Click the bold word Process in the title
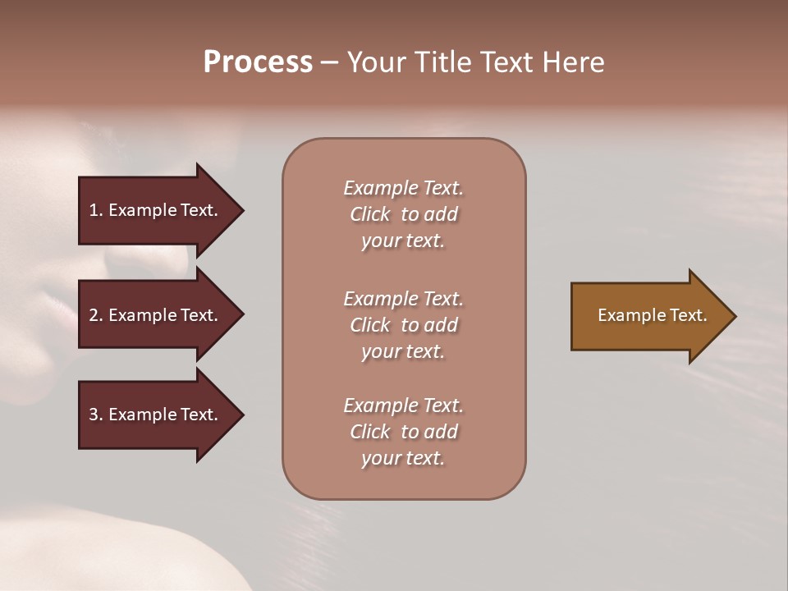click(258, 62)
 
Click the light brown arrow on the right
click(648, 316)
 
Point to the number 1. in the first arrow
click(96, 210)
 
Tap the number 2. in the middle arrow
click(96, 315)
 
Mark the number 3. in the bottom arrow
click(96, 415)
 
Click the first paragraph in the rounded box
click(403, 214)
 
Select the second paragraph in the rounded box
click(403, 325)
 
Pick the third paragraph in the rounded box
click(403, 432)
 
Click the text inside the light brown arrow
click(652, 315)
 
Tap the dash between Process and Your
click(329, 63)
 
